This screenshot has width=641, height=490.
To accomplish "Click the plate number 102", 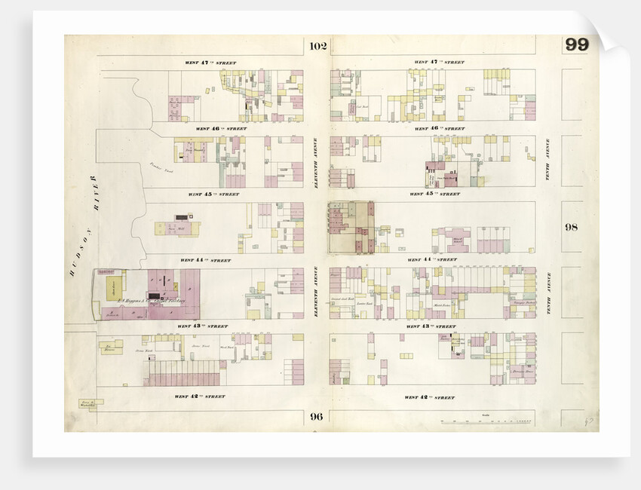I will click(317, 47).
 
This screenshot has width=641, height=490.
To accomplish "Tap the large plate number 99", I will click(577, 44).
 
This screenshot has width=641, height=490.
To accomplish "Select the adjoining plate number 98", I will click(571, 227).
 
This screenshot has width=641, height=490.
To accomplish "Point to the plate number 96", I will click(315, 415).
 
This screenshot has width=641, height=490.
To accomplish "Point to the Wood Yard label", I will click(226, 348).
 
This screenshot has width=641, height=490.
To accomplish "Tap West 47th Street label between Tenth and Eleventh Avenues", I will click(437, 62).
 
